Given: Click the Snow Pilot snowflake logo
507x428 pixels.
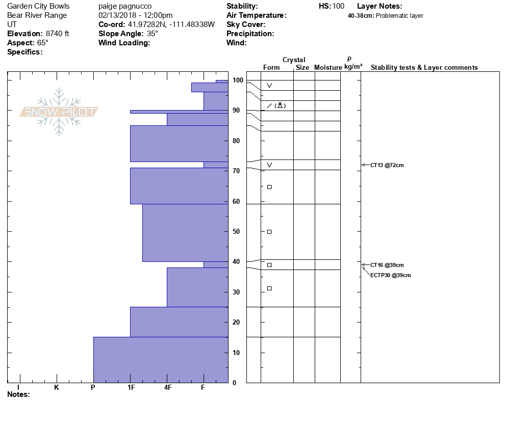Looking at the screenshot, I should tap(59, 112).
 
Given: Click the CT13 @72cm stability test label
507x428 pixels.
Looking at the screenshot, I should tap(387, 165).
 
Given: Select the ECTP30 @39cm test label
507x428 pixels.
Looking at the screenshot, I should tap(390, 275).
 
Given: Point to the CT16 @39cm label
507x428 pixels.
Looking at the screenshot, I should tap(387, 265).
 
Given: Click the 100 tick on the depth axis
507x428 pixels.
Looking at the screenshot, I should tap(237, 81).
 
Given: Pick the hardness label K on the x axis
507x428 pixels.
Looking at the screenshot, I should tap(57, 387).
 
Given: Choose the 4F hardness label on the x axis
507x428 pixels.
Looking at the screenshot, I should tap(167, 387).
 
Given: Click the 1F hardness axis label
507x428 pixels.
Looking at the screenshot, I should tap(131, 387).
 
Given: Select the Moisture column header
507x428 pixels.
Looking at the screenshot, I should tap(328, 68).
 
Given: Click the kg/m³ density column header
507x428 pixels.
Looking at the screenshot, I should tap(353, 67).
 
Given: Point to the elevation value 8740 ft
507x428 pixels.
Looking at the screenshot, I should tap(57, 34).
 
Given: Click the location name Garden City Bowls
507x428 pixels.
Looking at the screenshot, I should tap(38, 7).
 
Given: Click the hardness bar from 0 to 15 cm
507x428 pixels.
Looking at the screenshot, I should tap(161, 360).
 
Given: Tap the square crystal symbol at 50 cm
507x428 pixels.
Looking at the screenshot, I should tap(269, 232).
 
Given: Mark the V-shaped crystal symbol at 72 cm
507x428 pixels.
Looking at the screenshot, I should tap(269, 165).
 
